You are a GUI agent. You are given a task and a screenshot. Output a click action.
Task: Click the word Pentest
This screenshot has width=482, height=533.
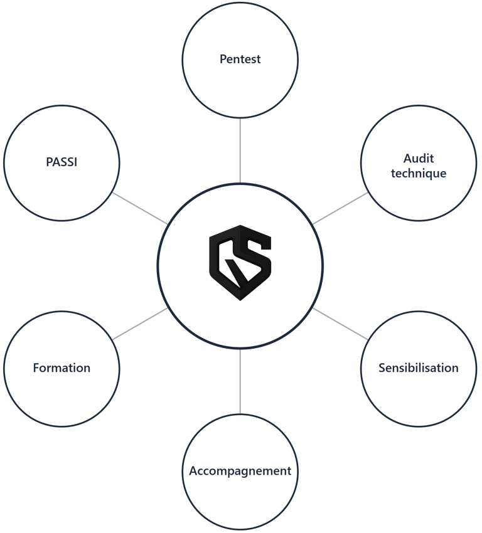pyautogui.click(x=240, y=60)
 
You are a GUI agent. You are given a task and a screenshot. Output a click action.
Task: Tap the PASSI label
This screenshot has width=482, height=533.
pyautogui.click(x=62, y=162)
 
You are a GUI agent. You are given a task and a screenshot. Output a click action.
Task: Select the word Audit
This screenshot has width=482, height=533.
pyautogui.click(x=419, y=159)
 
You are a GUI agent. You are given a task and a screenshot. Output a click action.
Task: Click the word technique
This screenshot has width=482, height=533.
pyautogui.click(x=419, y=173)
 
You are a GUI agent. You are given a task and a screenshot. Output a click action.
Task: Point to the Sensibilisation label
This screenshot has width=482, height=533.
pyautogui.click(x=419, y=368)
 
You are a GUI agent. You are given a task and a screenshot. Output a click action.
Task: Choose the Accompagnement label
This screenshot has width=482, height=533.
pyautogui.click(x=240, y=470)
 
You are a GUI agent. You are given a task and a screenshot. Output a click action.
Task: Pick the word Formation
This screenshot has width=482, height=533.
pyautogui.click(x=62, y=368)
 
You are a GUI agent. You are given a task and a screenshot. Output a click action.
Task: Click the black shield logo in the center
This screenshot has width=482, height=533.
pyautogui.click(x=240, y=262)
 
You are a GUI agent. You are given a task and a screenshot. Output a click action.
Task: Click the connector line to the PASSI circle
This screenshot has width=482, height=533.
pyautogui.click(x=140, y=208)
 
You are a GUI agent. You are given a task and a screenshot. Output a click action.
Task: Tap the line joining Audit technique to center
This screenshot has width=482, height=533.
pyautogui.click(x=340, y=208)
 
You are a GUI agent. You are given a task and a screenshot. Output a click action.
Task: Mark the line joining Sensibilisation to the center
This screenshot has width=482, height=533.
pyautogui.click(x=340, y=323)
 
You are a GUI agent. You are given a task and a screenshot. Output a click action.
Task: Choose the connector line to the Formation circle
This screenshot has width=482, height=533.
pyautogui.click(x=140, y=323)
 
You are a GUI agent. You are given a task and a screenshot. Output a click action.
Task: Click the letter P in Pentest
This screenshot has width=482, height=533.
pyautogui.click(x=223, y=60)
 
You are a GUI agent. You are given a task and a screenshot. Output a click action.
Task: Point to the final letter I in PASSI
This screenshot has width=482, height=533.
pyautogui.click(x=76, y=162)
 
